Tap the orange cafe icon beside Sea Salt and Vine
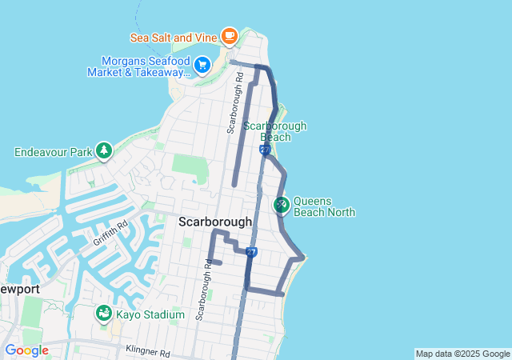pyautogui.click(x=230, y=35)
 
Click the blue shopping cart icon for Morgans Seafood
pyautogui.click(x=202, y=64)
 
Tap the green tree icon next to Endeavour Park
pyautogui.click(x=103, y=150)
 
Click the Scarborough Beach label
pyautogui.click(x=274, y=131)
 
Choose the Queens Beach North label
pyautogui.click(x=324, y=206)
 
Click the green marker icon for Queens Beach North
pyautogui.click(x=281, y=206)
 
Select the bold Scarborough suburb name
pyautogui.click(x=215, y=222)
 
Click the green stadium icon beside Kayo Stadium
pyautogui.click(x=104, y=314)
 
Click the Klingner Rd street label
pyautogui.click(x=148, y=352)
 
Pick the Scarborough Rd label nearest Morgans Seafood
pyautogui.click(x=234, y=105)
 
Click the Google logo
pyautogui.click(x=26, y=350)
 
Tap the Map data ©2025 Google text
pyautogui.click(x=462, y=354)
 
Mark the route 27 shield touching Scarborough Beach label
pyautogui.click(x=264, y=150)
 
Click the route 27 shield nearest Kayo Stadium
pyautogui.click(x=251, y=252)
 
